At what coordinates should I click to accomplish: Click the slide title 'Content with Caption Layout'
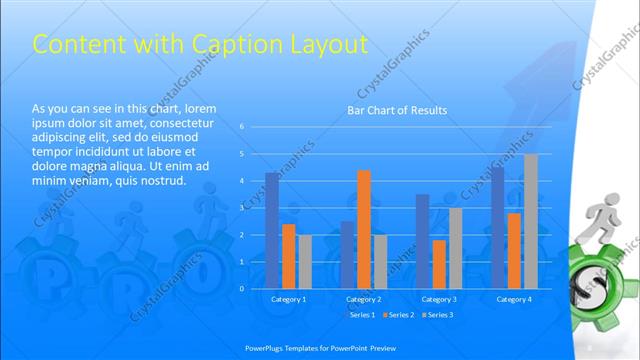(x=201, y=44)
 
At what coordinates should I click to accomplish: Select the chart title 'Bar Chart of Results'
(x=397, y=110)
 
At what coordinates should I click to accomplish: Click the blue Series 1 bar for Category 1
(x=273, y=230)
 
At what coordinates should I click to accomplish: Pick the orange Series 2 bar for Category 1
(x=289, y=256)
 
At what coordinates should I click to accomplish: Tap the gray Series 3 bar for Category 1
(x=305, y=261)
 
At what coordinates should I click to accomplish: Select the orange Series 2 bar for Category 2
(x=364, y=229)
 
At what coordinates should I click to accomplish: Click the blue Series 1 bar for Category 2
(x=347, y=254)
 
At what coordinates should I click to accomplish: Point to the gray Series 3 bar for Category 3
(x=455, y=248)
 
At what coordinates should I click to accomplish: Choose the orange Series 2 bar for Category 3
(x=439, y=264)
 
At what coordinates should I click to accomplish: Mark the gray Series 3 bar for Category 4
(x=530, y=221)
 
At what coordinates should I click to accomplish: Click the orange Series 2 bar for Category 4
(x=514, y=250)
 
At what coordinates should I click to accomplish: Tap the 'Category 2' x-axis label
(x=364, y=299)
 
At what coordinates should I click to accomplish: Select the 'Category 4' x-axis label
(x=514, y=299)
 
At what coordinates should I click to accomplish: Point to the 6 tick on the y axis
(x=241, y=127)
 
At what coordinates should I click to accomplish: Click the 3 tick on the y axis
(x=241, y=207)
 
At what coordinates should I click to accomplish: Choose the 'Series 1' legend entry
(x=361, y=315)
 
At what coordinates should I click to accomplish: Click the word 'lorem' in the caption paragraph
(x=197, y=108)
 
